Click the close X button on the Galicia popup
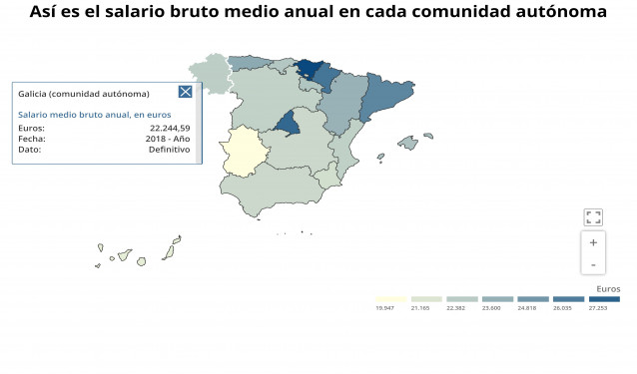pos(185,92)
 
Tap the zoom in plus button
pos(593,242)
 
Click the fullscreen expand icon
pos(593,216)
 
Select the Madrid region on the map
pos(289,124)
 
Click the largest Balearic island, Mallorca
pos(407,143)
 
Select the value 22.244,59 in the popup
pos(170,129)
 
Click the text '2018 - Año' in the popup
pos(167,139)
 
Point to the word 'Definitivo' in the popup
pos(169,149)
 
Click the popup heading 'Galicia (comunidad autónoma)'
pos(84,94)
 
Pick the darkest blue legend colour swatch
pos(604,298)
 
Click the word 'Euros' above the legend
pos(607,288)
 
